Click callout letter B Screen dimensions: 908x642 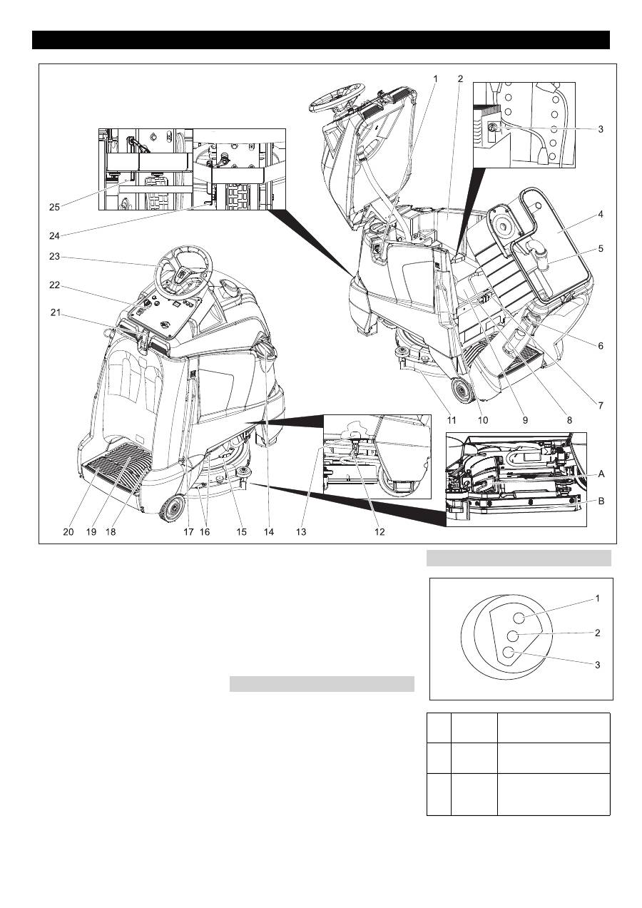click(601, 501)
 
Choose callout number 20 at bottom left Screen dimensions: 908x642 click(68, 532)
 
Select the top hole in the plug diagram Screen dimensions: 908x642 click(519, 618)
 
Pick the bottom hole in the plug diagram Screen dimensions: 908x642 click(509, 652)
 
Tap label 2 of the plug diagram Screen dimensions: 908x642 click(598, 632)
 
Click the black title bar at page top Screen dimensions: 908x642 click(321, 40)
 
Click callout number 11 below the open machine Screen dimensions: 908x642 click(451, 420)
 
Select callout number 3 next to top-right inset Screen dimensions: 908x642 click(601, 129)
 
